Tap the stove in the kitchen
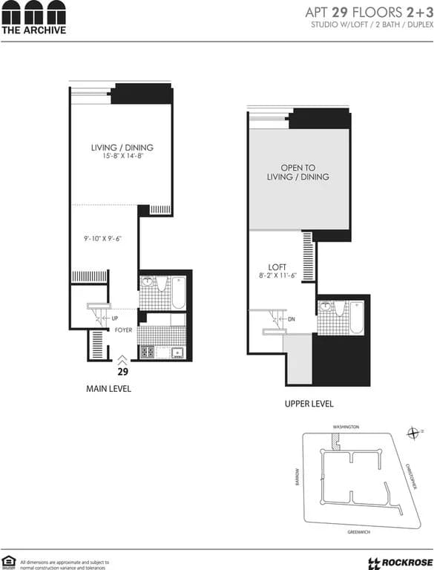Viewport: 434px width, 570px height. click(148, 352)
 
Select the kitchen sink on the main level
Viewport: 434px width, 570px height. click(176, 353)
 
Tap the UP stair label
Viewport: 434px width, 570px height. click(115, 318)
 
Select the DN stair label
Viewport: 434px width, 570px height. click(292, 320)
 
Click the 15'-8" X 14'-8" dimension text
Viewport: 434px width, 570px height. click(122, 157)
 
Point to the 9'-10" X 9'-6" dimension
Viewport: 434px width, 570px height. click(102, 239)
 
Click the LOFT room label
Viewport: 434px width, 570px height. click(277, 267)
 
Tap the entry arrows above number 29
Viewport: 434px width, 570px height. click(123, 359)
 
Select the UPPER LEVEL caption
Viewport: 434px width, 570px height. click(309, 404)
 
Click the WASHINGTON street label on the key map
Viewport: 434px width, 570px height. click(346, 427)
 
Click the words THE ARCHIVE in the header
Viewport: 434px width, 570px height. click(33, 30)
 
